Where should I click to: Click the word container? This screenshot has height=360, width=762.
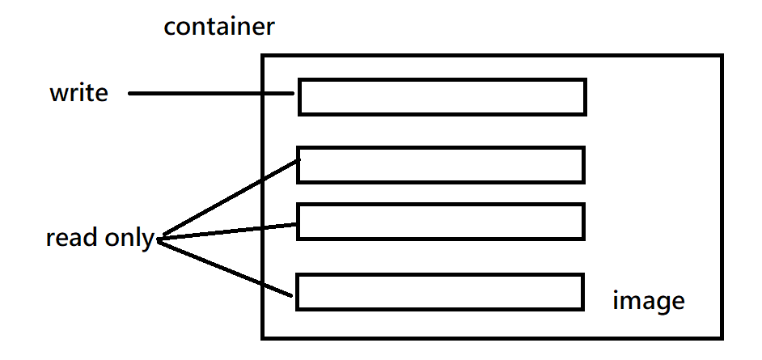point(219,27)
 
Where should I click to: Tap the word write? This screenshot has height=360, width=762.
point(78,92)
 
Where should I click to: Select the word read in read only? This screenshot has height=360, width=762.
point(73,238)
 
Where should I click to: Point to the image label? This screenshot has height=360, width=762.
point(649,302)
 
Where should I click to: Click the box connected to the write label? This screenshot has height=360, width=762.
point(442,78)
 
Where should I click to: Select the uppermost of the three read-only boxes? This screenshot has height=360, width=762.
point(441,146)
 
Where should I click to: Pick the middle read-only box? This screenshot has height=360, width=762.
point(441,204)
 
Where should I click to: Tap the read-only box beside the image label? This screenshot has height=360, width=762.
point(440,274)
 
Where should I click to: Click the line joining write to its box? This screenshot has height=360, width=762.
point(211,93)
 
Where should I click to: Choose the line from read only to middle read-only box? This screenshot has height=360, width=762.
point(227,231)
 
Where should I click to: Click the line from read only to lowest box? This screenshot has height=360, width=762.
point(225,269)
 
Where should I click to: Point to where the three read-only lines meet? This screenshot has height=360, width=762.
point(159,239)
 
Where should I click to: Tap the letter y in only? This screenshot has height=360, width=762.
point(148,241)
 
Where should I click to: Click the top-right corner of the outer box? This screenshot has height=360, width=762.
point(722,55)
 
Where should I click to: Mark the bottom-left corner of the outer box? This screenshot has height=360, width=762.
point(263,337)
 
